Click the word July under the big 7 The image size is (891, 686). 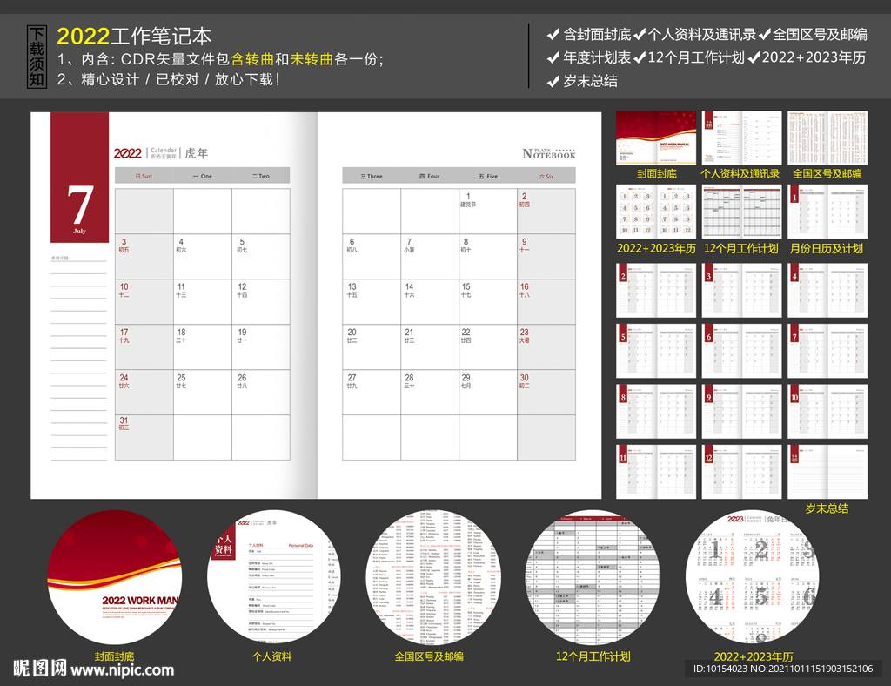coord(79,232)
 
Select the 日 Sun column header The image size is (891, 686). coord(144,176)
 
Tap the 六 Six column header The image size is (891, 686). coord(546,176)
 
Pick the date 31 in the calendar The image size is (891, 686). coord(124,421)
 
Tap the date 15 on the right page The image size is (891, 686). coord(466,286)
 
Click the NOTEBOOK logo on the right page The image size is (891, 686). coord(548,154)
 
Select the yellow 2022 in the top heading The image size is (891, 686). coord(83,36)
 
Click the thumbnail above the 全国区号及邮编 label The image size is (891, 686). coord(827,138)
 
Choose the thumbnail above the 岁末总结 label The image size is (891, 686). coord(827,472)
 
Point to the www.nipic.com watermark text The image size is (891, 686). coord(122,669)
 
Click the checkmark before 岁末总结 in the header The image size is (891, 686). coord(553,81)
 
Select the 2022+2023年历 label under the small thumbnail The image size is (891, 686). coord(656,248)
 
